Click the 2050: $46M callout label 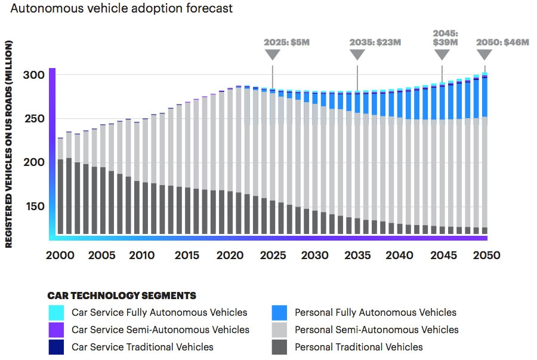(502, 42)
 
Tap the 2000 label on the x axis (60, 256)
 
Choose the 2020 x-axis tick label (230, 256)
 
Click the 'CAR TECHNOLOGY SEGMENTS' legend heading (122, 296)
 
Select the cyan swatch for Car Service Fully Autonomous (57, 312)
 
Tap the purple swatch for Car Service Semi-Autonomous (57, 330)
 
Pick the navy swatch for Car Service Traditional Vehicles (57, 347)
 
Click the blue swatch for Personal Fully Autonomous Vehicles (279, 312)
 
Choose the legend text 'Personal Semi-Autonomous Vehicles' (376, 330)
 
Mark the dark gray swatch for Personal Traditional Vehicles (279, 347)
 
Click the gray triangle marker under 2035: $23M (357, 54)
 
